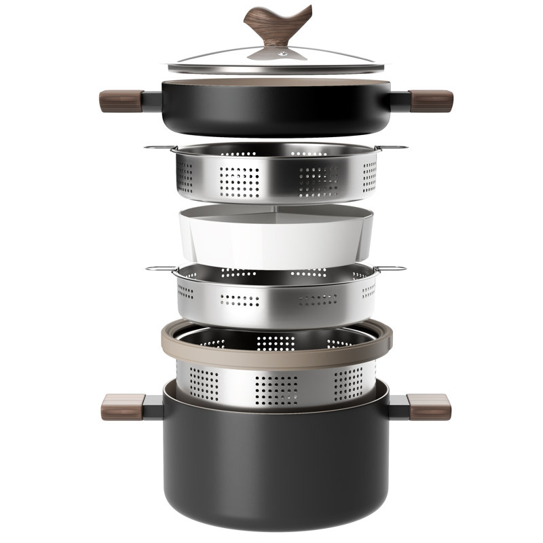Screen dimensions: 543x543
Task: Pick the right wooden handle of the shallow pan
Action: [x=432, y=100]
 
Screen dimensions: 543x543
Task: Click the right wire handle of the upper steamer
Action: [x=396, y=147]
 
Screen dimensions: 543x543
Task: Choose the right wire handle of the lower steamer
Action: [x=394, y=269]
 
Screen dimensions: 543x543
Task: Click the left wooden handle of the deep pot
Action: [x=124, y=406]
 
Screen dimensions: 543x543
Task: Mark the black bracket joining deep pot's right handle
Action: [x=396, y=406]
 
